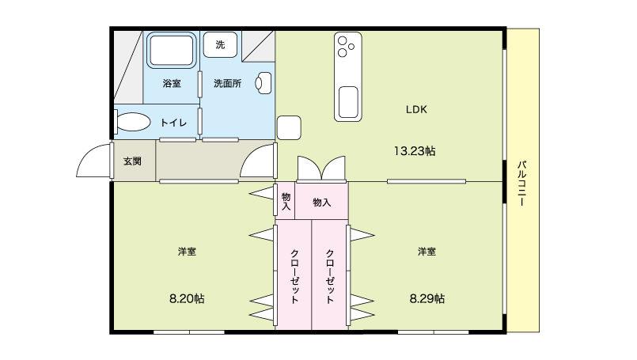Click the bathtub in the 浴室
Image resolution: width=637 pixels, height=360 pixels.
(x=172, y=51)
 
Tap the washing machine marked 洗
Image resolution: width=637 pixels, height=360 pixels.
(x=220, y=44)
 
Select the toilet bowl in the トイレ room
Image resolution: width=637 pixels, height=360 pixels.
(x=132, y=122)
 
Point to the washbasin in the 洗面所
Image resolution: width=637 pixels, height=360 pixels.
(x=264, y=83)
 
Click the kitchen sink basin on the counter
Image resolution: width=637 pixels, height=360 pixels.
(x=348, y=102)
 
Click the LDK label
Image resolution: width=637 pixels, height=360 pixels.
(x=416, y=109)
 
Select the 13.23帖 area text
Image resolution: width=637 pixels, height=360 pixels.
(x=415, y=151)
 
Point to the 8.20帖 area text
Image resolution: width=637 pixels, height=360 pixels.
(x=187, y=299)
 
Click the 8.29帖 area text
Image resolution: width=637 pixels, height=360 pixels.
(x=427, y=299)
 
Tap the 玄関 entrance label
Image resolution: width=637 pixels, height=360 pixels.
(x=132, y=161)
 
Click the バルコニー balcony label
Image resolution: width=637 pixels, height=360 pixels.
(x=522, y=184)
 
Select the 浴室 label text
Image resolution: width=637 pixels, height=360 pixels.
(x=172, y=83)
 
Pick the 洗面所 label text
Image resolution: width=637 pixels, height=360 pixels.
(x=228, y=83)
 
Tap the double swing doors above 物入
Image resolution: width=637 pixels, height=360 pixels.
(x=321, y=168)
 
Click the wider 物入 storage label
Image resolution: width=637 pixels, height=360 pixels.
(x=322, y=202)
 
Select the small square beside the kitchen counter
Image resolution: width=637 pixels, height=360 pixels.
(x=289, y=127)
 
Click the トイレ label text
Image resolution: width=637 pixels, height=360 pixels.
(x=173, y=123)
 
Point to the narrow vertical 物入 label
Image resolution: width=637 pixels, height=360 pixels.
(x=286, y=202)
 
